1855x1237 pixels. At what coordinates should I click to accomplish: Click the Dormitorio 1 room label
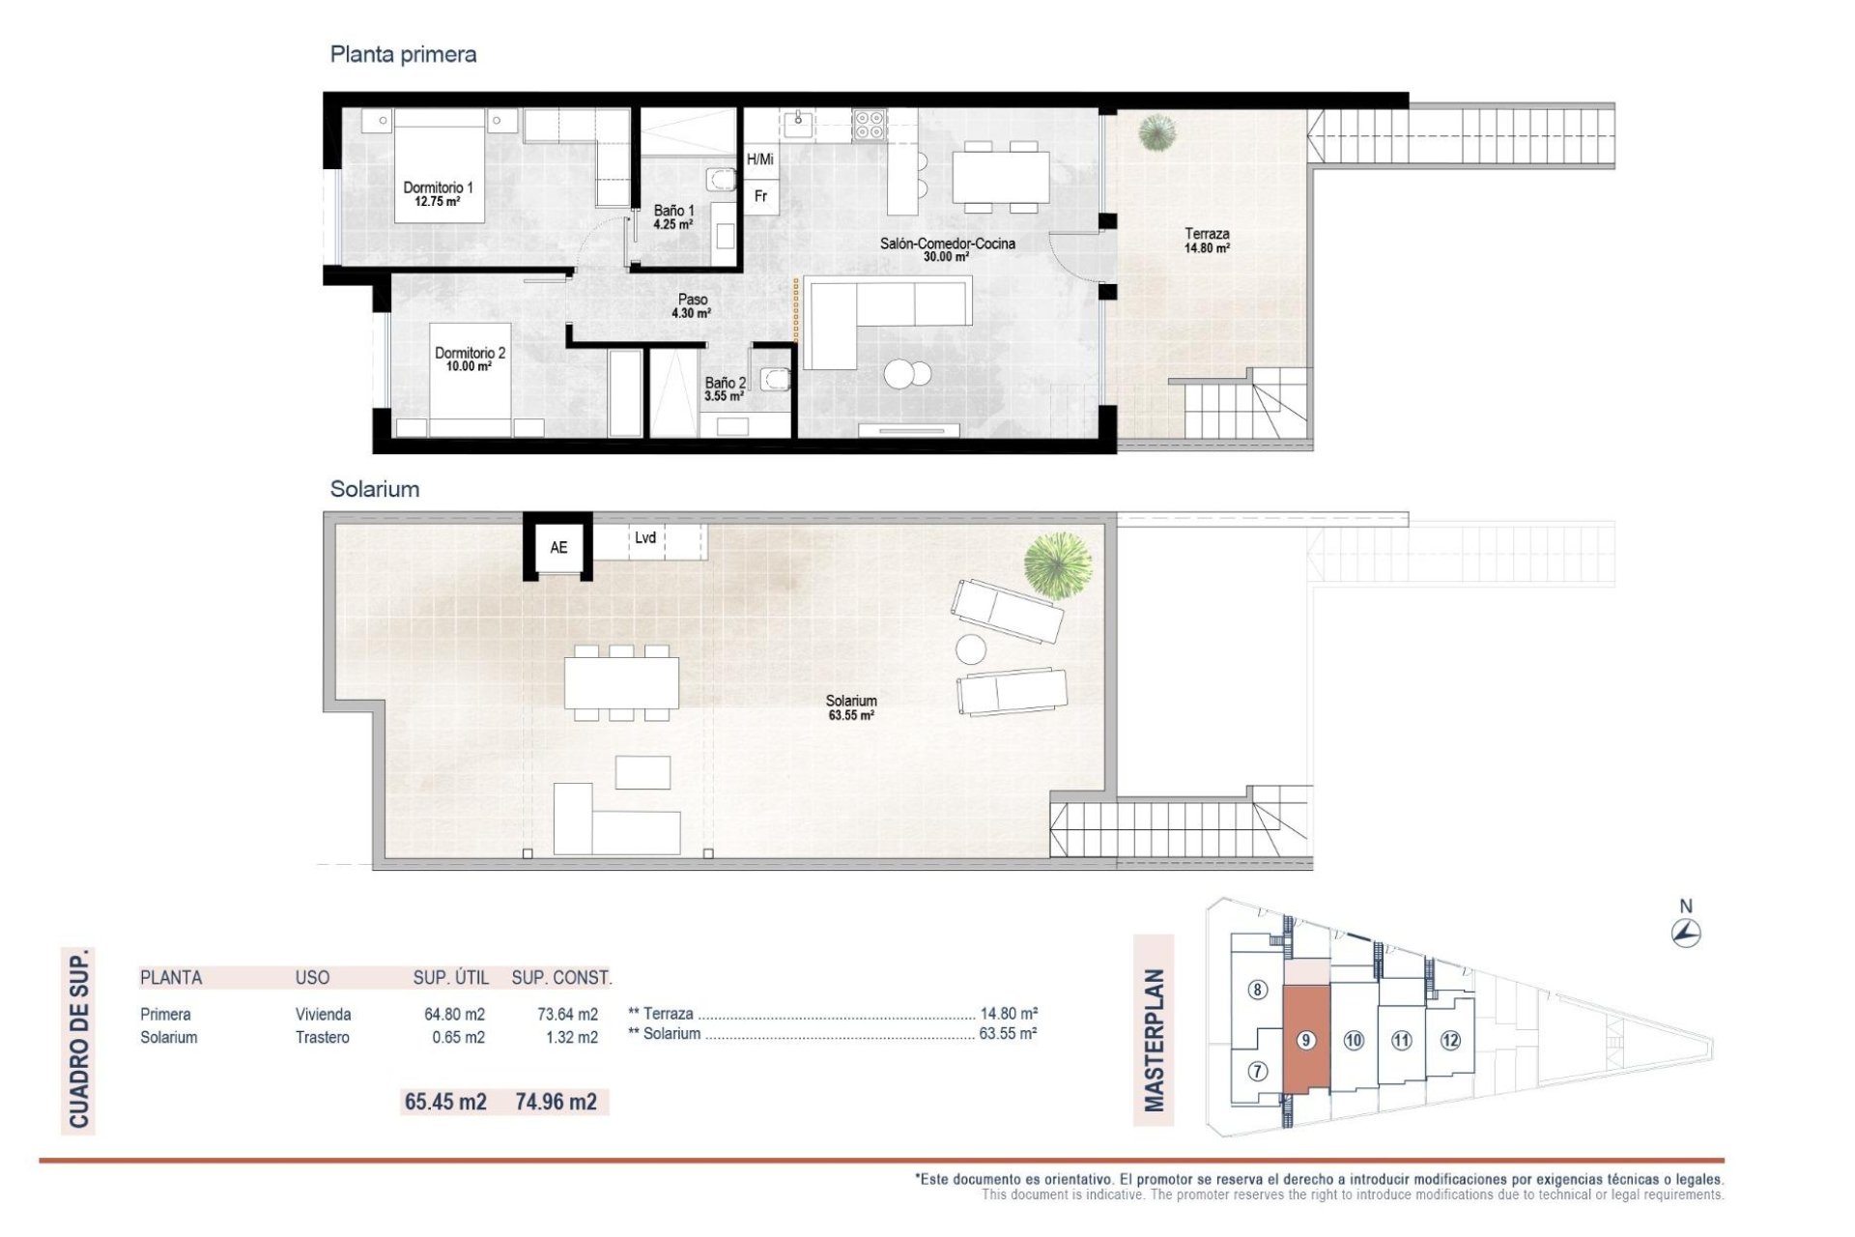point(438,194)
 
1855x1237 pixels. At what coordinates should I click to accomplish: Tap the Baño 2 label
point(725,388)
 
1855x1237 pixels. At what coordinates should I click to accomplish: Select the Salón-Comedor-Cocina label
point(947,249)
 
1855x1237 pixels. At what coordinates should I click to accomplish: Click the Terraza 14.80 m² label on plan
point(1207,240)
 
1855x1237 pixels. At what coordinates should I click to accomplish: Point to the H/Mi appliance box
point(760,159)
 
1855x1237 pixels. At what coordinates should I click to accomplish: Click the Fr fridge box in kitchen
point(761,196)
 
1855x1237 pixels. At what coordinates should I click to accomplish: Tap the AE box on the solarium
point(558,547)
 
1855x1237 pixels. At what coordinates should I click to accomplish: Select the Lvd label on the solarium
point(645,538)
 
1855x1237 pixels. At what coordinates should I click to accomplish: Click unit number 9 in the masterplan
point(1305,1040)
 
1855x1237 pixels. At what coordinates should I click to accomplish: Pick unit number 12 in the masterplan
point(1450,1040)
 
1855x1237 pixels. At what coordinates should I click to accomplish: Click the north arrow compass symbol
point(1686,933)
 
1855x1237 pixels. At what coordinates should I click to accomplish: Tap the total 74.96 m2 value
point(556,1102)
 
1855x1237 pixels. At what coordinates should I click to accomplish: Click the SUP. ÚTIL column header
point(450,977)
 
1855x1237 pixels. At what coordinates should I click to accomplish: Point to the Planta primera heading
point(403,54)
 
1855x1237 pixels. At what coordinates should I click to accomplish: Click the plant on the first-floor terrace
point(1156,132)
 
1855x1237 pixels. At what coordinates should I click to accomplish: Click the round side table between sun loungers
point(970,648)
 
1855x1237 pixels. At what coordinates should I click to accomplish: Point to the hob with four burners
point(869,125)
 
